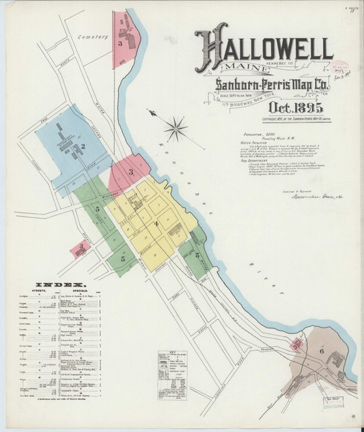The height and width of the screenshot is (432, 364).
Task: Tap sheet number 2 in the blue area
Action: (83, 147)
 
